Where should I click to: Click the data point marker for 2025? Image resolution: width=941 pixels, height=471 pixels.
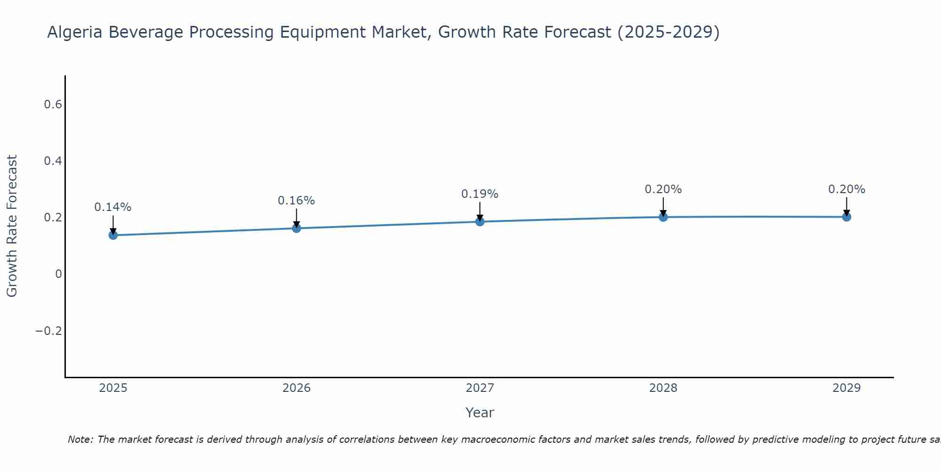coord(113,235)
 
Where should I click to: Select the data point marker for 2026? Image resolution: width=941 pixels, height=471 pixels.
coord(296,228)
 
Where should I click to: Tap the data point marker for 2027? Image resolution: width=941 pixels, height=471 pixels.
coord(480,221)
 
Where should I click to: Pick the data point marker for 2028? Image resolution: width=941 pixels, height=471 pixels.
coord(663,217)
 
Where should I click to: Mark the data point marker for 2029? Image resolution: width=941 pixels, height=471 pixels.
coord(846,217)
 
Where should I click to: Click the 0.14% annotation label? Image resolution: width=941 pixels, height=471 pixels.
coord(113,207)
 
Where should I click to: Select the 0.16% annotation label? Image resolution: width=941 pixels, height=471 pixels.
coord(296,201)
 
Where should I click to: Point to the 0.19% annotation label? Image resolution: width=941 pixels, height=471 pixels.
coord(480,194)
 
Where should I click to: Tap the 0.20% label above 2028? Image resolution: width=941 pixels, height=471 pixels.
coord(663,189)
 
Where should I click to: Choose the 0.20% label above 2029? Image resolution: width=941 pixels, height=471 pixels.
coord(846,189)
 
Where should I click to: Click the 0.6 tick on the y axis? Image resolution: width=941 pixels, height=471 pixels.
coord(53,105)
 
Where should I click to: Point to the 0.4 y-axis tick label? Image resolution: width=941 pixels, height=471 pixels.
coord(53,161)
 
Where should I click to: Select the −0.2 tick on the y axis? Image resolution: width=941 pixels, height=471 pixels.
coord(49,331)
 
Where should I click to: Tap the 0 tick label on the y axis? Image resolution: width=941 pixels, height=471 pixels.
coord(58,274)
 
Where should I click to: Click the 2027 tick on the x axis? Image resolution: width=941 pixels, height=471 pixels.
coord(480,388)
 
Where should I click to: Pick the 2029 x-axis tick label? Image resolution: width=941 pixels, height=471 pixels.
coord(846,388)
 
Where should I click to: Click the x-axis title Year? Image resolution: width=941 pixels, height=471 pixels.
coord(479,413)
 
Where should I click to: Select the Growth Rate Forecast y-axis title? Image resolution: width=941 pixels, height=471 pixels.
coord(12,226)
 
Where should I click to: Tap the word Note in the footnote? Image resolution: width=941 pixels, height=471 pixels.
coord(80,439)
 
